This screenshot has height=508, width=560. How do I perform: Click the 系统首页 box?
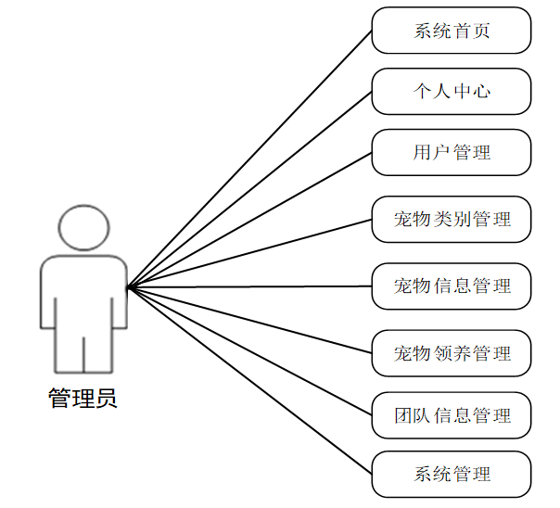pos(452,31)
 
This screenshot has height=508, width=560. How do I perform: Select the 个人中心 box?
pos(452,91)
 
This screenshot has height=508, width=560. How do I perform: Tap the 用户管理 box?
pos(452,152)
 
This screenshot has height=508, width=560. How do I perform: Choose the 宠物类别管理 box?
pos(452,220)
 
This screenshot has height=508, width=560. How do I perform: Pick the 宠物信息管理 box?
pos(452,286)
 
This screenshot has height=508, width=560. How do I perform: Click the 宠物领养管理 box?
pos(452,353)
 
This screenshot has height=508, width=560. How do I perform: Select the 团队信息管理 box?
pos(452,414)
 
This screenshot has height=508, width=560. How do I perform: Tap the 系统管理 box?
pos(452,475)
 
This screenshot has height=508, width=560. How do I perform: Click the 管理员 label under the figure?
pos(83,400)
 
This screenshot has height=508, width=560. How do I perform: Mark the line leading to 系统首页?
pos(249,159)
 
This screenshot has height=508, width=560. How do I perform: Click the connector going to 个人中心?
pos(249,189)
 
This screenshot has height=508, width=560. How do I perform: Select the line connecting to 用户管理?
pos(249,220)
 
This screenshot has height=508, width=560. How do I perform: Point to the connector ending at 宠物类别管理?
pos(249,253)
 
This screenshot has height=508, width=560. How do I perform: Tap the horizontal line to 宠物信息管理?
pos(249,286)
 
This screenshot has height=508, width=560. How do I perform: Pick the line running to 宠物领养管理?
pos(249,320)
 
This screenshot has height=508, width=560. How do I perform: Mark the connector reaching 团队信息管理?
pos(249,350)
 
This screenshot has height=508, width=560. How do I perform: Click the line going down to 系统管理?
pos(249,380)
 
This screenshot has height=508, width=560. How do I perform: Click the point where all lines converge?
pos(128,287)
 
